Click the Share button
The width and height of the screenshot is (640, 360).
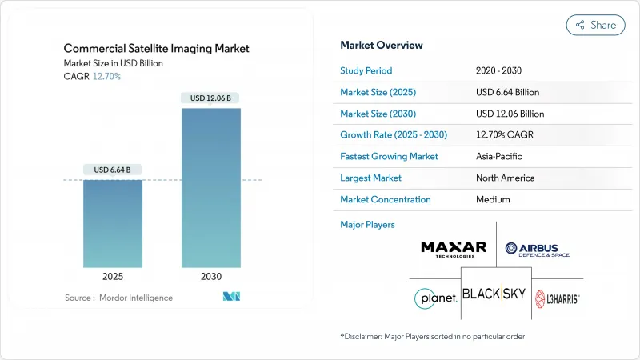pos(595,25)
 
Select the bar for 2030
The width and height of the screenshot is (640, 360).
pos(210,187)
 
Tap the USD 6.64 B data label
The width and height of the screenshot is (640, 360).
pos(113,170)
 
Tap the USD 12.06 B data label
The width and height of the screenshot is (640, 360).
pos(210,98)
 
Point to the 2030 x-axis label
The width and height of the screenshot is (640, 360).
pos(210,276)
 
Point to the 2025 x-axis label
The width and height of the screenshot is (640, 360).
pos(113,276)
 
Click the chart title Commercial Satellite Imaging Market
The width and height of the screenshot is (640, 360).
pos(157,49)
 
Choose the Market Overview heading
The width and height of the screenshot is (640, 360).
pos(382,45)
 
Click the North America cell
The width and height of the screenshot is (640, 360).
pos(504,178)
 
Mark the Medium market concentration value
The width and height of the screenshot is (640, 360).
pos(493,199)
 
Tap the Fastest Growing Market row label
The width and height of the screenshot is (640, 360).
pos(390,156)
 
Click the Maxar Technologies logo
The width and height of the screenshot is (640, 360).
pos(454,247)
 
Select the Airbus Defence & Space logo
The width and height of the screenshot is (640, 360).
pos(537,248)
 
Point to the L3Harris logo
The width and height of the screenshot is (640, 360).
pos(557,298)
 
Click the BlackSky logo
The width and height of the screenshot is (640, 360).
pos(494,294)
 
